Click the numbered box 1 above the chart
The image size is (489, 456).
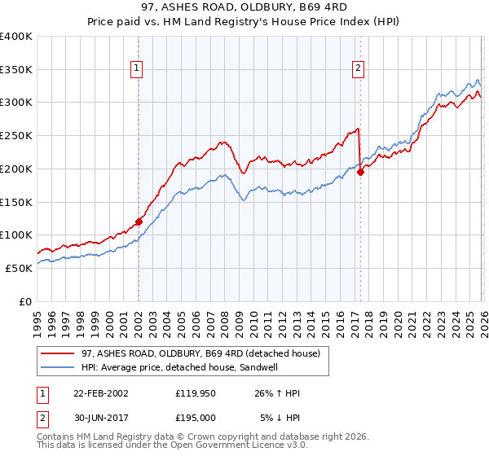tap(137, 69)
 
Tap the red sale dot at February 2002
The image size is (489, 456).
tap(139, 221)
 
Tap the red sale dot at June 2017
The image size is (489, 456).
tap(360, 171)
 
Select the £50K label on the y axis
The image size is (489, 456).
tap(19, 268)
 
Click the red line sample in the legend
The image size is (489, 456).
tap(58, 353)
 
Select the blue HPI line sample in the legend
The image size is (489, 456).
tap(58, 367)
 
